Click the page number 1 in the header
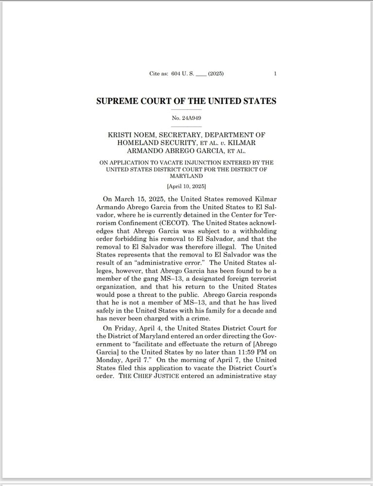click(275, 74)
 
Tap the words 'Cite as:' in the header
click(159, 74)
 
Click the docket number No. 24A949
click(186, 118)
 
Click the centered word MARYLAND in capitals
click(186, 176)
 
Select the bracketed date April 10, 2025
click(186, 186)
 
